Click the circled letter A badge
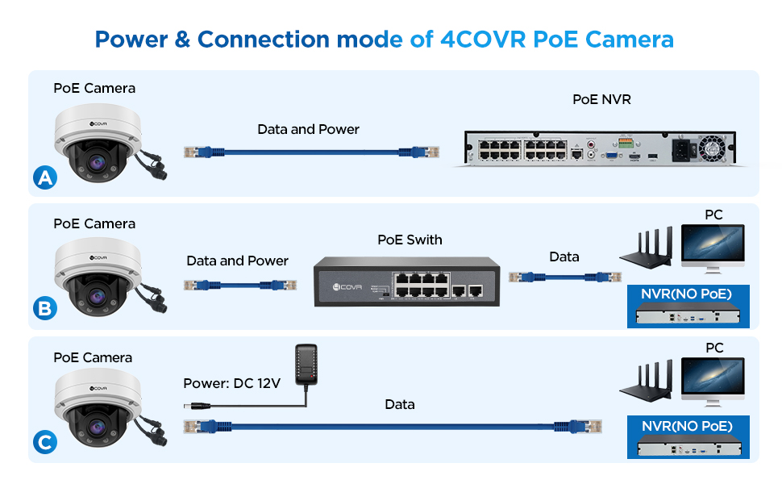click(46, 177)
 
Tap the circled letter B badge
click(46, 308)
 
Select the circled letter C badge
click(46, 441)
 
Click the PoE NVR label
click(601, 99)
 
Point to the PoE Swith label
click(410, 240)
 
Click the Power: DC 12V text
click(232, 383)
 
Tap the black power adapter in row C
click(306, 364)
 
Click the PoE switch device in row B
click(406, 280)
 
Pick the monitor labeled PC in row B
click(712, 248)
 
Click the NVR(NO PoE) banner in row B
click(687, 294)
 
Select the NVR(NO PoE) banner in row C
click(687, 426)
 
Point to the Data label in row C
click(400, 404)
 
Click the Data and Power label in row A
click(308, 129)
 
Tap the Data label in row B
click(564, 257)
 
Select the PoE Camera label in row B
click(94, 223)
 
